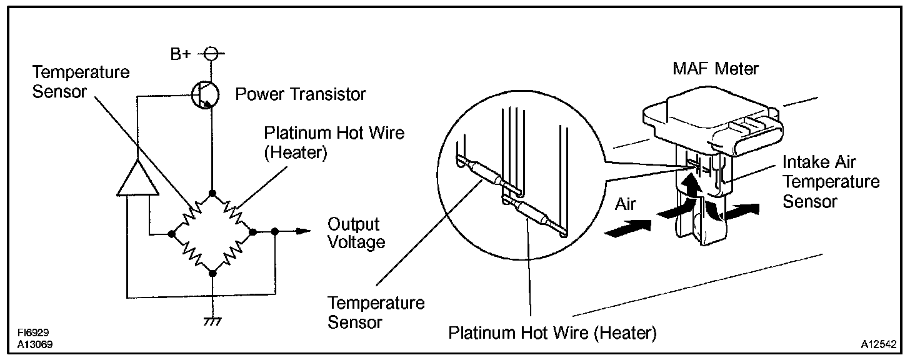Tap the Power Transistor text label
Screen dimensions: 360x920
click(x=300, y=94)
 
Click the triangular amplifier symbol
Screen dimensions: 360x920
click(x=135, y=176)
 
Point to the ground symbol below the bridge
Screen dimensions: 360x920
click(x=212, y=321)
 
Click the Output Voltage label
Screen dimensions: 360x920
click(x=354, y=232)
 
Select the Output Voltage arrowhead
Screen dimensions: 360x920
click(x=303, y=232)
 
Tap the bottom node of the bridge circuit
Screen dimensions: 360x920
click(x=212, y=273)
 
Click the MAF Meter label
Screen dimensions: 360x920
click(x=715, y=68)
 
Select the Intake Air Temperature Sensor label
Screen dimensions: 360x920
click(x=831, y=182)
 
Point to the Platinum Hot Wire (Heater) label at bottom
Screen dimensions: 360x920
click(x=552, y=332)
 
